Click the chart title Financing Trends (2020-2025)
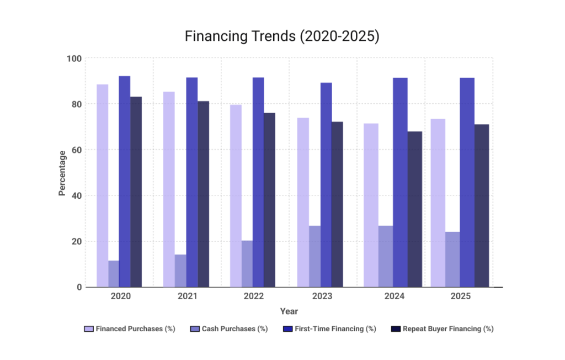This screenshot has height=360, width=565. click(282, 37)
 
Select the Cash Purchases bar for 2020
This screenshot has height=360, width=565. click(114, 274)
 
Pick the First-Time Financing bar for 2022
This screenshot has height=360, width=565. click(258, 182)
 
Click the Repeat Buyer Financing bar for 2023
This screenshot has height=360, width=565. click(337, 204)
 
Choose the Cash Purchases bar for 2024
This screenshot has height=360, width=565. click(386, 256)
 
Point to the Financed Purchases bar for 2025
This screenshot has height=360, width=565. click(438, 203)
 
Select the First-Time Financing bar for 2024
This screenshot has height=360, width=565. click(400, 182)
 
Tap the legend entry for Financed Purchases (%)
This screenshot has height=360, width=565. click(130, 329)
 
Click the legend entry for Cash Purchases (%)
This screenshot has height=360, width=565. click(229, 329)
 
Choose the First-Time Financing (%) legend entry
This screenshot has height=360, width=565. click(329, 329)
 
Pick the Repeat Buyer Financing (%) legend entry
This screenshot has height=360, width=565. click(442, 329)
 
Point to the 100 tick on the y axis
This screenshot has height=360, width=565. click(74, 59)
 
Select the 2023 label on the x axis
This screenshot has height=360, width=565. click(322, 297)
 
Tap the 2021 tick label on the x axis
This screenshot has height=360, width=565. click(188, 297)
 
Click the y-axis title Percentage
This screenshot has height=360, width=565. click(62, 173)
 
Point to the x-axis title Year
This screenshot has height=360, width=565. click(289, 311)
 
